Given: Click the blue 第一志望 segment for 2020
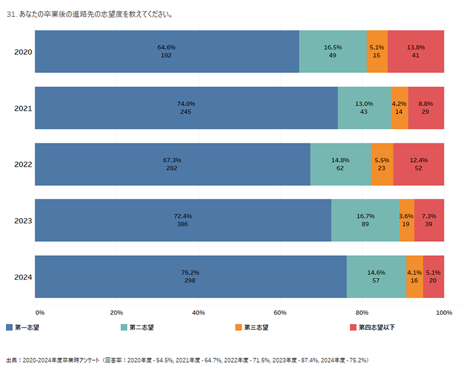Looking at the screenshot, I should (167, 51).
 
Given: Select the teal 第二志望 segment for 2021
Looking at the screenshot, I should (364, 108).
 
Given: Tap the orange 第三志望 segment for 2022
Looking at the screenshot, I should (382, 164).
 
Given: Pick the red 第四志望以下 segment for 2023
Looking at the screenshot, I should (429, 220).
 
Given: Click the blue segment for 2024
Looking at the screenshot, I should (190, 276).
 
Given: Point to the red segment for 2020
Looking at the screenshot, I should (416, 51).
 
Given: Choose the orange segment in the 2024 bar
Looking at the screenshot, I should (414, 276).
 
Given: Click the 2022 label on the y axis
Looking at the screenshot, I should (23, 164).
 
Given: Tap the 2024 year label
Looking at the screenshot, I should (23, 277).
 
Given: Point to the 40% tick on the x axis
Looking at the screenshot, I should (198, 313).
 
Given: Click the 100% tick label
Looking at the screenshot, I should (444, 313).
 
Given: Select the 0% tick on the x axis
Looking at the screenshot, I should (40, 313).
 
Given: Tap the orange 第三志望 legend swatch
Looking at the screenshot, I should (238, 328).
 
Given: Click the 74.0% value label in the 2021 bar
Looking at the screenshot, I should (186, 104).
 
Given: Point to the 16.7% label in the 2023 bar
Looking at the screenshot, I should (365, 216).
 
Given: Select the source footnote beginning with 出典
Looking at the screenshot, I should (187, 360).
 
